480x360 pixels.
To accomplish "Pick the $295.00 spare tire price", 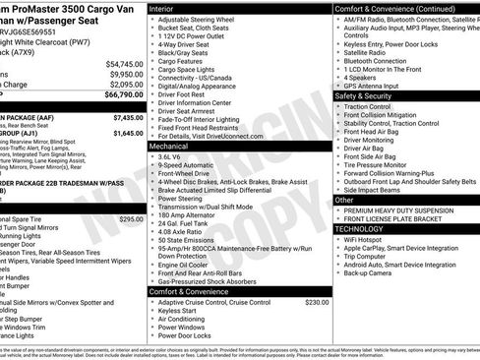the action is pyautogui.click(x=130, y=219).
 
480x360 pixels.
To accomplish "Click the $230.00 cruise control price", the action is pyautogui.click(x=317, y=302).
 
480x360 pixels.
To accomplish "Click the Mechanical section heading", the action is pyautogui.click(x=174, y=145).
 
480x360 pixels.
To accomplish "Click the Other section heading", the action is pyautogui.click(x=345, y=200).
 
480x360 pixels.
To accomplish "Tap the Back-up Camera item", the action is pyautogui.click(x=371, y=272).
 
